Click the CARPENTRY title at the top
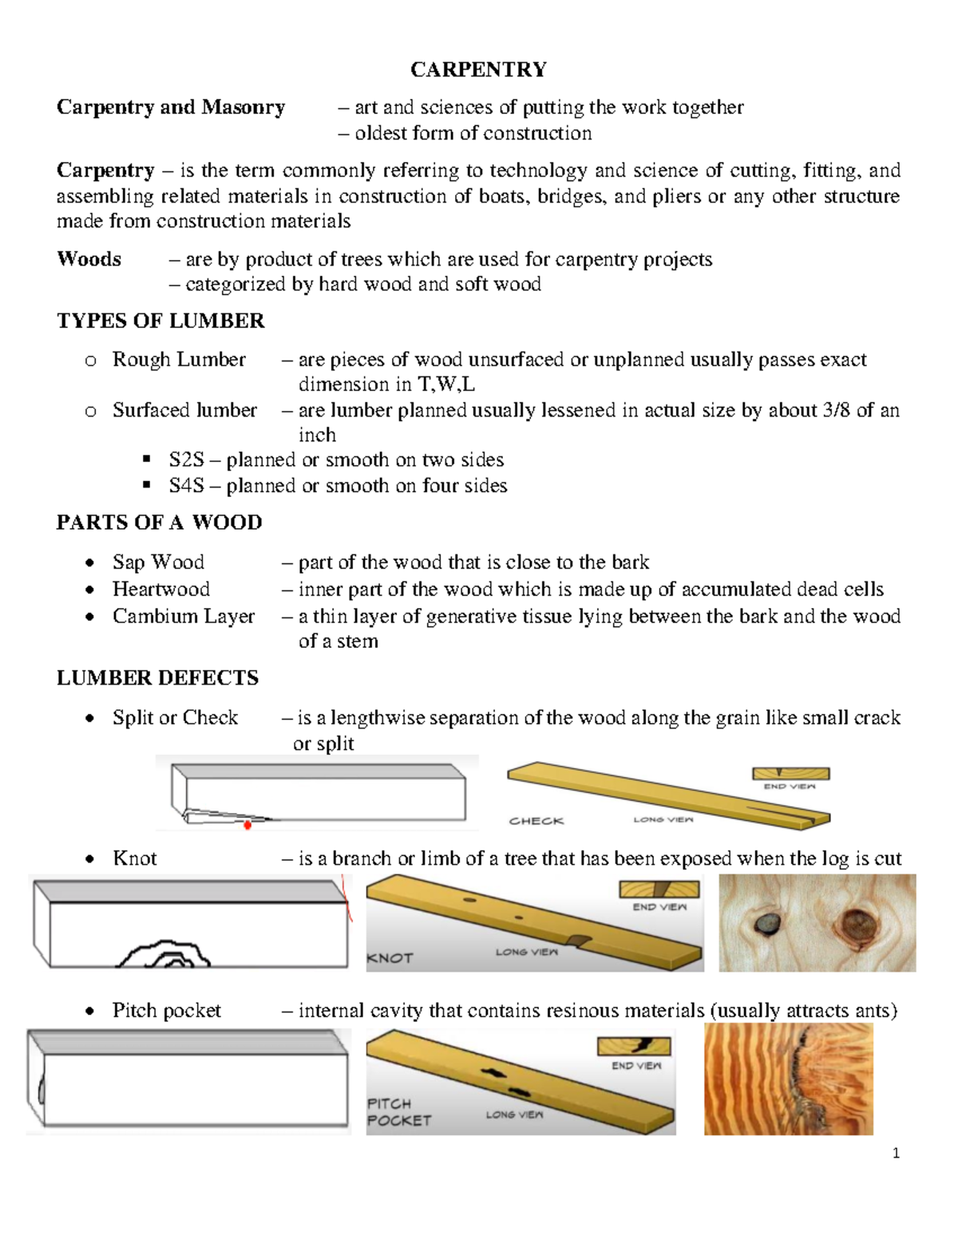(478, 70)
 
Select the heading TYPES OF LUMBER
(160, 321)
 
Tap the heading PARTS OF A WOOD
(159, 523)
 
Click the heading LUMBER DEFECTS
(157, 678)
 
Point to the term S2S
(186, 460)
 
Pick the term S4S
(186, 486)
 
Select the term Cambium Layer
(183, 617)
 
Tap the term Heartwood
(160, 590)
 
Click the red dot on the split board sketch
(247, 825)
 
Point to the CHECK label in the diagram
(536, 821)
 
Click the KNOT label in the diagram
(390, 958)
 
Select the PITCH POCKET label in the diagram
(399, 1112)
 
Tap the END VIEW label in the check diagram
(790, 787)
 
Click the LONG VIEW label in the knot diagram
(526, 952)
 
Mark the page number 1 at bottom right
(896, 1153)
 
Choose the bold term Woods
(89, 259)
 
